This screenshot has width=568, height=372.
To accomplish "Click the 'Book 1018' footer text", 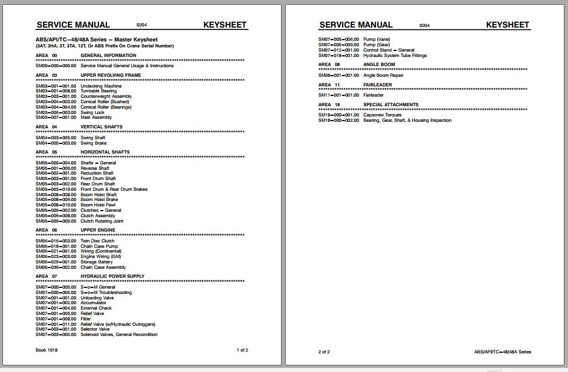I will click(x=45, y=350).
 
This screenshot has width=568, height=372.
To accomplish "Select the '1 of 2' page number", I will click(x=242, y=350).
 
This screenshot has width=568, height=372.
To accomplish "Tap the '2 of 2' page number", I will click(x=324, y=352).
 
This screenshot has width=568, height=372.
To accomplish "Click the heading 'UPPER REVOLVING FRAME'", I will click(x=111, y=76).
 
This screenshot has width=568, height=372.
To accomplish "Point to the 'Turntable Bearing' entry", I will click(x=99, y=91).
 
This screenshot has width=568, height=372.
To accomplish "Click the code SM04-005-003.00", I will click(x=56, y=143).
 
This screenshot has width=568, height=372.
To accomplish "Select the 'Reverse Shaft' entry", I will click(x=95, y=169).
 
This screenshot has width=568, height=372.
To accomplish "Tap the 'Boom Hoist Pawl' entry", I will click(x=98, y=205).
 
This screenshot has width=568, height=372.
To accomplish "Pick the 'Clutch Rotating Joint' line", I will click(x=101, y=221).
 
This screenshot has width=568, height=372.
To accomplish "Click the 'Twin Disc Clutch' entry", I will click(x=97, y=241).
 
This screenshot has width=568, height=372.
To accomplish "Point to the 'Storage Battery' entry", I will click(x=97, y=262).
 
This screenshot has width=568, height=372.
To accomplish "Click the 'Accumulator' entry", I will click(x=93, y=303).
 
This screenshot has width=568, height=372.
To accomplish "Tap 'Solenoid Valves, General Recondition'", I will click(x=119, y=335).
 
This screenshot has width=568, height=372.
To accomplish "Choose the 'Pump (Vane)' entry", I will click(x=376, y=40).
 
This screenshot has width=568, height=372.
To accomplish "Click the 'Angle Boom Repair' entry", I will click(x=383, y=76).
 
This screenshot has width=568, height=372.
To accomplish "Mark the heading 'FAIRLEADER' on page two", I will click(x=378, y=85).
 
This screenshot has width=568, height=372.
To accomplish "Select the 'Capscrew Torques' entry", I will click(x=382, y=115).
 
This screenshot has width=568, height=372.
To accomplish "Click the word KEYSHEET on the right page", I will click(x=507, y=25).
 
